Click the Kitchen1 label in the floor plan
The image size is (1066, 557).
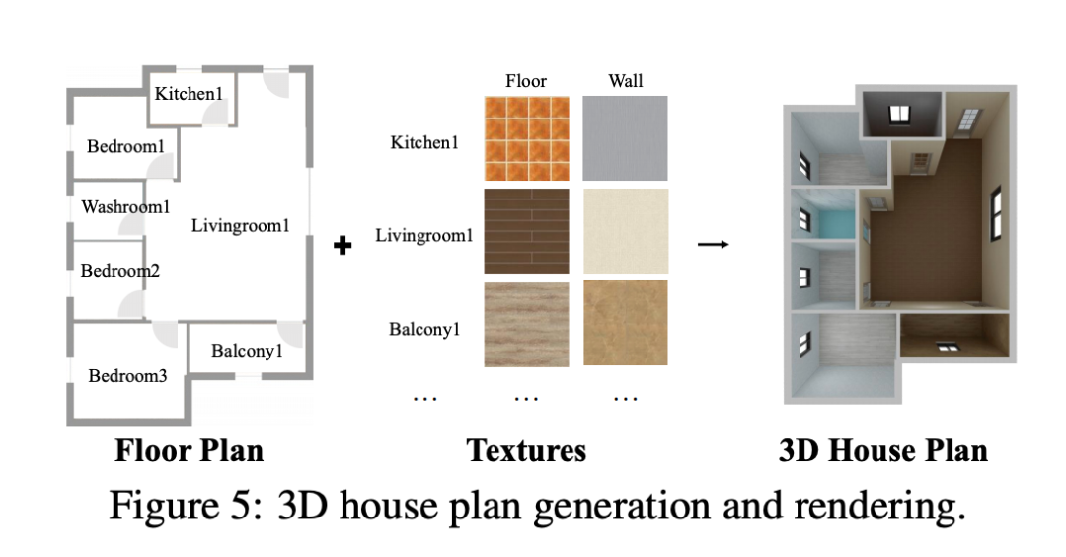click(x=190, y=94)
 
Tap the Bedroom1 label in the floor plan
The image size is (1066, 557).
click(x=125, y=146)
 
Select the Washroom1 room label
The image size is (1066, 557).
click(x=125, y=207)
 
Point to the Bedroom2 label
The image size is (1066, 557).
click(x=119, y=270)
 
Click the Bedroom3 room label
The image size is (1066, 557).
click(x=128, y=375)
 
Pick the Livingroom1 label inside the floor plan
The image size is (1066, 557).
click(x=240, y=226)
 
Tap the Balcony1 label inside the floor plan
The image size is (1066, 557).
click(x=247, y=351)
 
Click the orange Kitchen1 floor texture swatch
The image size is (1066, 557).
click(x=527, y=137)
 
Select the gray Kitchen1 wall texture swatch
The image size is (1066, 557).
click(x=625, y=137)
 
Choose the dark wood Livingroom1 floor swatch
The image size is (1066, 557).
click(x=527, y=230)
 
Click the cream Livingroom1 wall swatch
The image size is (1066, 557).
click(x=625, y=230)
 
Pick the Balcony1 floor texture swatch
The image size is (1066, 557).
click(x=527, y=323)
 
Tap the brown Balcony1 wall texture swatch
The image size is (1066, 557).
click(x=625, y=323)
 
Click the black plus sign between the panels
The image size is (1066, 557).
click(x=343, y=245)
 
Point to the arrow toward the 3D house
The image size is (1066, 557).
click(x=713, y=244)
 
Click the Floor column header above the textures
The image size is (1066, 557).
click(x=526, y=81)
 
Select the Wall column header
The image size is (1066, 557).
click(x=625, y=81)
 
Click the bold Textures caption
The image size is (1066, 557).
click(x=526, y=451)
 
